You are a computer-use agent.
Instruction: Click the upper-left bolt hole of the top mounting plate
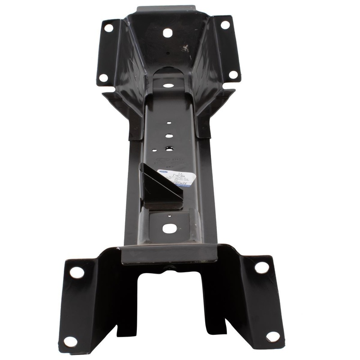click(x=108, y=28)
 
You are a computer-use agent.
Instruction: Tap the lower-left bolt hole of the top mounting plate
click(x=103, y=77)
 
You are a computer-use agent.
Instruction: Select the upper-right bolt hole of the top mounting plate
click(x=225, y=24)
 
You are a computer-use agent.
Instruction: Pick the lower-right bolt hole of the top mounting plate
click(x=233, y=74)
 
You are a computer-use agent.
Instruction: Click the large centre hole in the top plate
click(x=167, y=33)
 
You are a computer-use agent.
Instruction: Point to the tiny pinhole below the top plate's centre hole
click(x=167, y=53)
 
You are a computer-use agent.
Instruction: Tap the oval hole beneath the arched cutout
click(x=168, y=85)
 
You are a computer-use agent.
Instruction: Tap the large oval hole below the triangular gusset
click(x=170, y=228)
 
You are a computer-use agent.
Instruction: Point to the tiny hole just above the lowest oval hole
click(x=169, y=216)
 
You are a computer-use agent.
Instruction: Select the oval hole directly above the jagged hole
click(x=168, y=135)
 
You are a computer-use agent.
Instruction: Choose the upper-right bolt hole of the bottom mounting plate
click(x=261, y=267)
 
